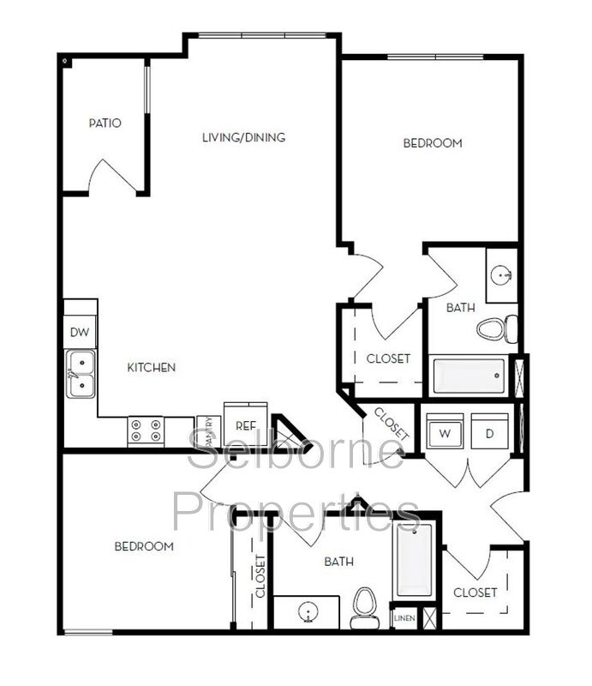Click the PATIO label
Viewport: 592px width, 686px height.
click(x=105, y=123)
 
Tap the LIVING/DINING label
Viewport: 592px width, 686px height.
click(x=243, y=137)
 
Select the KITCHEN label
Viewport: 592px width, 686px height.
click(x=152, y=368)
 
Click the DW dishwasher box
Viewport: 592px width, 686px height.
click(x=81, y=333)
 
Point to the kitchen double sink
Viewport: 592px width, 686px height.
click(x=82, y=375)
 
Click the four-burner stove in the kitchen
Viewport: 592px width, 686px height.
click(x=146, y=430)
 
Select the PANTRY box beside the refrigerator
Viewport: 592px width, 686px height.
click(x=208, y=431)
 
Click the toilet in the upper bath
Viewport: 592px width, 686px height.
click(x=497, y=328)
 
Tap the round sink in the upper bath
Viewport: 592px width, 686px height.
click(x=502, y=275)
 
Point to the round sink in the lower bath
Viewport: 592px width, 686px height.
click(x=307, y=612)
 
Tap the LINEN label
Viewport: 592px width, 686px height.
click(x=403, y=618)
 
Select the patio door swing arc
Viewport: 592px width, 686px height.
click(x=115, y=176)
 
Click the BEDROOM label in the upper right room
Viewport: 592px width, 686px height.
click(x=433, y=143)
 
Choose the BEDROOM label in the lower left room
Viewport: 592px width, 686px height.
click(x=144, y=546)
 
